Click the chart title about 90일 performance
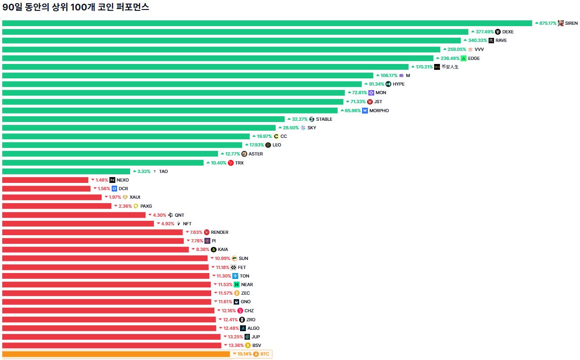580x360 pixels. (76, 8)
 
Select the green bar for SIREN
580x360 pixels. (267, 23)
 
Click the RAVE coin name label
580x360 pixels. (501, 41)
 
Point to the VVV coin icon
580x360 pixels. (471, 50)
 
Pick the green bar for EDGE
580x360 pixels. (217, 58)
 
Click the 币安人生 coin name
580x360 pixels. (450, 67)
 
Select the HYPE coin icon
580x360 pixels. (389, 84)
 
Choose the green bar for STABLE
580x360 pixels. (143, 119)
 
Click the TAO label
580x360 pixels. (163, 172)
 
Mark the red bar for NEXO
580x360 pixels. (45, 180)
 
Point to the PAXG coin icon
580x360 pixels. (136, 206)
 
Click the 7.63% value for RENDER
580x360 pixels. (196, 232)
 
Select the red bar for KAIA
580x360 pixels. (95, 250)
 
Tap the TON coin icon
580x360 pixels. (235, 276)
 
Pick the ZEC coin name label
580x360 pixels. (245, 293)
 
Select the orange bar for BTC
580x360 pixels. (116, 354)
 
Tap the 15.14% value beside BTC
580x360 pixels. (245, 354)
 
